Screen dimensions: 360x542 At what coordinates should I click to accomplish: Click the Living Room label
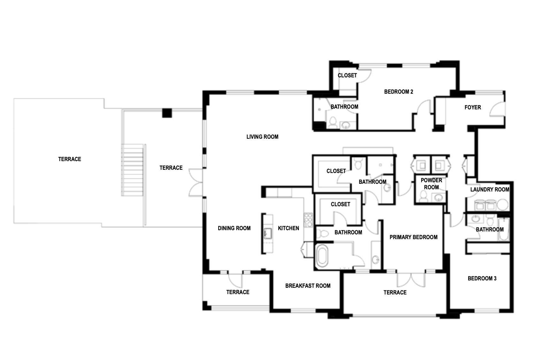(262, 137)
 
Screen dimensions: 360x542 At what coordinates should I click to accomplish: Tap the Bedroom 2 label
(399, 92)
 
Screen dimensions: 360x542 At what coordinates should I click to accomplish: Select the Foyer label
(473, 107)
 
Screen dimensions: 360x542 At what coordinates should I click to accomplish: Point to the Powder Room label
(431, 184)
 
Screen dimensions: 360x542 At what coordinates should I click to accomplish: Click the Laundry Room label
(490, 190)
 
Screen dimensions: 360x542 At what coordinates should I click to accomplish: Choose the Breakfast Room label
(308, 286)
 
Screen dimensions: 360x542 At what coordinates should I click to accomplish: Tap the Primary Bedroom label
(414, 237)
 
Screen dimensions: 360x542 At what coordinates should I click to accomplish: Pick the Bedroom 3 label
(482, 278)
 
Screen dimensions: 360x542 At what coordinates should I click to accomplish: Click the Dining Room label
(234, 228)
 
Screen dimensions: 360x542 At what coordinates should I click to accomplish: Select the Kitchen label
(289, 228)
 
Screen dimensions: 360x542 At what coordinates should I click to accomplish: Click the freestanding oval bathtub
(322, 256)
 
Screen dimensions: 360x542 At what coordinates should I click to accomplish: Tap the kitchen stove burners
(309, 220)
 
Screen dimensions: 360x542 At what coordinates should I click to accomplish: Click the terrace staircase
(132, 170)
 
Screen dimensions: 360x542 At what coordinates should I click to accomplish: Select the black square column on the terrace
(167, 113)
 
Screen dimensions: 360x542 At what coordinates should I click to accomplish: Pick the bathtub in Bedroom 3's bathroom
(503, 229)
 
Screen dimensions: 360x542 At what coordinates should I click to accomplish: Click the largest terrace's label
(70, 159)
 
